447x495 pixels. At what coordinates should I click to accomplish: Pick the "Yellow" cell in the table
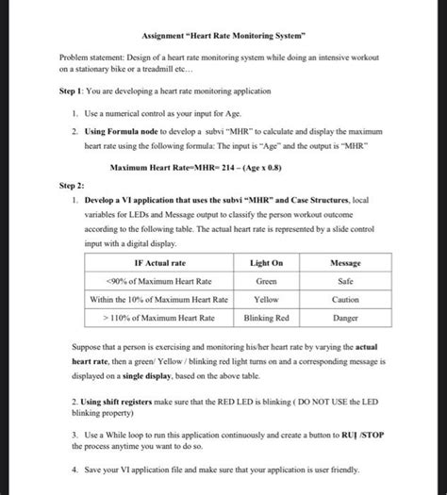tap(266, 299)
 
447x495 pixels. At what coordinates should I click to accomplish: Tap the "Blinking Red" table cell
tap(266, 318)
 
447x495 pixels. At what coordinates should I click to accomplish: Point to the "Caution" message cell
tap(344, 299)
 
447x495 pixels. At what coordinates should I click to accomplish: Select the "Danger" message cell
tap(344, 318)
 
